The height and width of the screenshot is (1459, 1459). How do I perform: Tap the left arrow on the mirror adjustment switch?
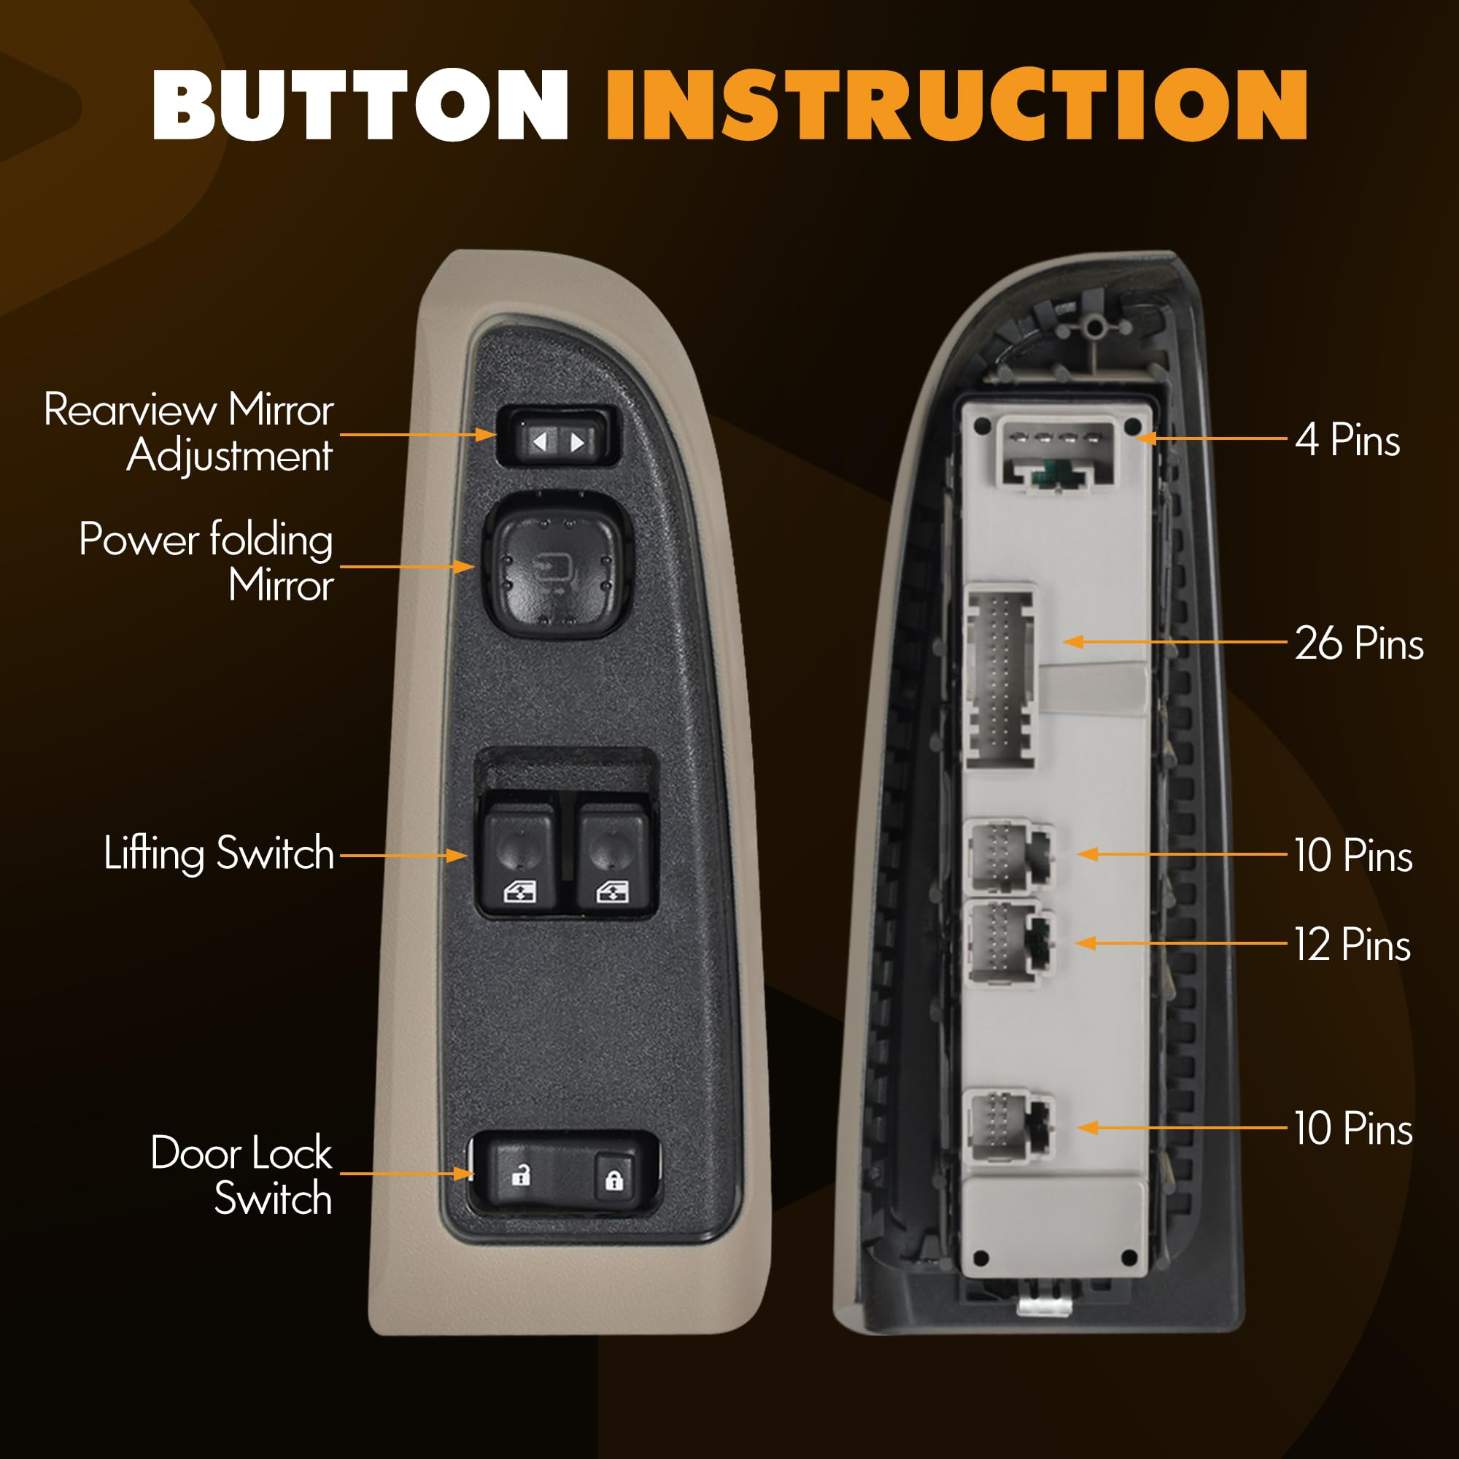point(540,442)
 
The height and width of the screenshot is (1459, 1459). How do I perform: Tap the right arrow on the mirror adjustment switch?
point(578,442)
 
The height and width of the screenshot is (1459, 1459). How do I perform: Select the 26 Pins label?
point(1358,643)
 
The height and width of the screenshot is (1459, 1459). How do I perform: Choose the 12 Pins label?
point(1352,945)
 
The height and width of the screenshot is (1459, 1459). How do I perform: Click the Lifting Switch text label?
point(219,854)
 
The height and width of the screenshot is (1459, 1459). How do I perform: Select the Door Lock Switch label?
point(241,1175)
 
